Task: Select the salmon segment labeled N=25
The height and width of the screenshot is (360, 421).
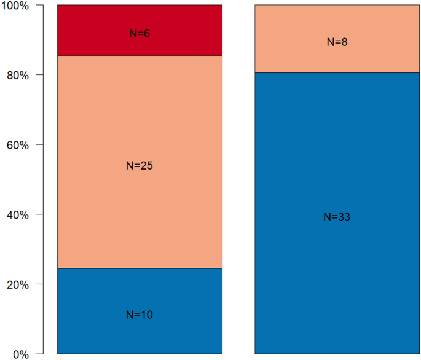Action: (x=140, y=123)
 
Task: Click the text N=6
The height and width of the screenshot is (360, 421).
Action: (x=140, y=34)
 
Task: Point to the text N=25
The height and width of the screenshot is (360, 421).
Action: (x=140, y=165)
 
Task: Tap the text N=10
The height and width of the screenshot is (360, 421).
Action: (x=140, y=315)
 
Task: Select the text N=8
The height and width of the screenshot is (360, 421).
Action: (x=337, y=42)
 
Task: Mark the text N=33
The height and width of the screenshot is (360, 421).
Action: (x=337, y=217)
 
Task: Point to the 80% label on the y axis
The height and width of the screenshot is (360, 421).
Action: (x=17, y=75)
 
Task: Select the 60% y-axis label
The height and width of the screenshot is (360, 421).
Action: (x=17, y=145)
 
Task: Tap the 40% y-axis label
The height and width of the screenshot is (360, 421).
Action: (x=17, y=215)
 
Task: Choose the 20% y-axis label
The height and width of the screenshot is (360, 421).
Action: (x=17, y=284)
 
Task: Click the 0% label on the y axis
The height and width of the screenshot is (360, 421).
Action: (x=20, y=354)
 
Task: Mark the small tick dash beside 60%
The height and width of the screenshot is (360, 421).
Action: (x=39, y=145)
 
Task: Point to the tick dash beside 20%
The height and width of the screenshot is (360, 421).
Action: (x=39, y=284)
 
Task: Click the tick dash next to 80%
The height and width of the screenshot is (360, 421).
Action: (x=39, y=75)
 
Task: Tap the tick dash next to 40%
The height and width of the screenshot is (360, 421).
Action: (x=39, y=215)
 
